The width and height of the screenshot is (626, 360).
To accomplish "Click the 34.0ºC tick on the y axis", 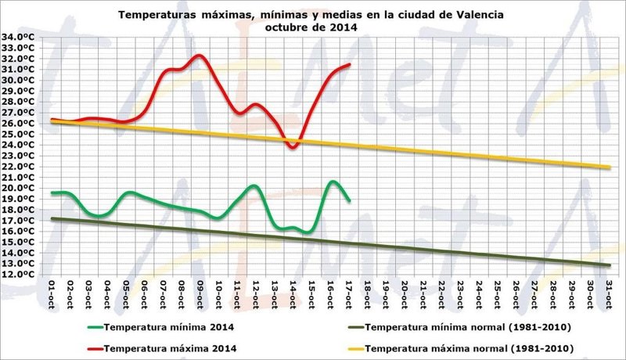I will (x=17, y=37).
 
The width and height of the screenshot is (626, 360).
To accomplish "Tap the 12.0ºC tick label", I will (x=17, y=275).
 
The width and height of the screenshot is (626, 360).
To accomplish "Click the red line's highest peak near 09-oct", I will (x=199, y=56).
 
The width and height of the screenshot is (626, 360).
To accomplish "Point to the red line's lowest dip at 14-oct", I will (x=293, y=147).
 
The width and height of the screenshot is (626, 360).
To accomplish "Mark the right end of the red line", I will (x=349, y=64).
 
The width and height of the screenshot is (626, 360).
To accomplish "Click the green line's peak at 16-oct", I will (x=332, y=182).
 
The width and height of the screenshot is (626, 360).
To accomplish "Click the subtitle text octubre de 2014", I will (x=311, y=27).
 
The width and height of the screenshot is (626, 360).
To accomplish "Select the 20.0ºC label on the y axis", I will (x=17, y=188).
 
